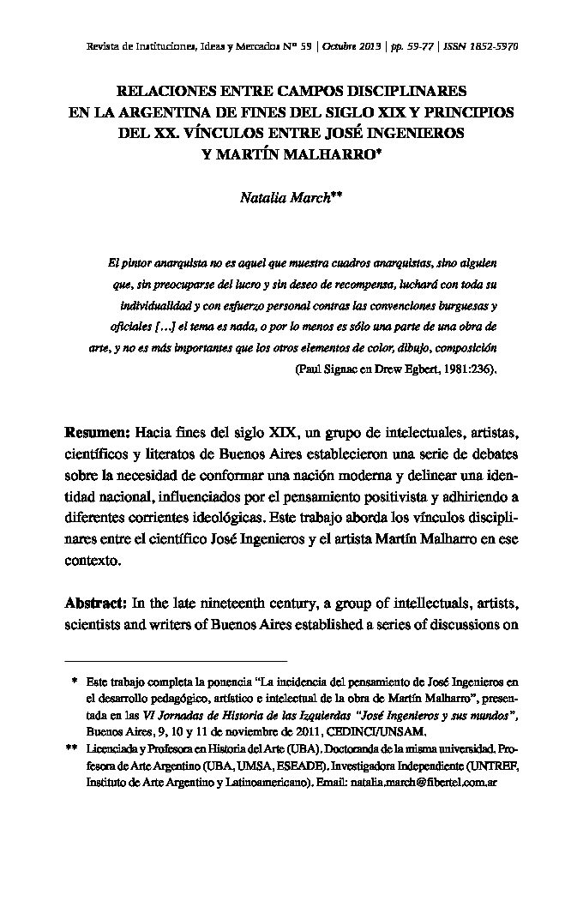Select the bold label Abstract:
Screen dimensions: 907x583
[96, 603]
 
